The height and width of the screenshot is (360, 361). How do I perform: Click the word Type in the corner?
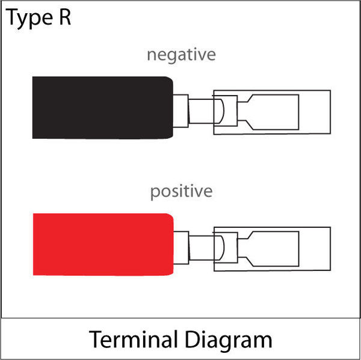click(29, 19)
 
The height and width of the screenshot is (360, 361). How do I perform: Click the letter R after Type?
click(65, 17)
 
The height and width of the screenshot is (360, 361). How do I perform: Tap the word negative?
click(181, 55)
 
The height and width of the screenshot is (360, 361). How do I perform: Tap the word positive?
click(181, 191)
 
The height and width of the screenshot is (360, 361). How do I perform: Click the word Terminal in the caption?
click(133, 340)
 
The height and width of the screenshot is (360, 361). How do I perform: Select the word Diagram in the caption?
click(229, 341)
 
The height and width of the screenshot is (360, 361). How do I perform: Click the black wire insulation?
click(103, 108)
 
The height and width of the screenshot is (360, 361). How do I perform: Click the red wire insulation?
click(103, 244)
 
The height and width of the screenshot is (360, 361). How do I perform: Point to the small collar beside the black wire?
click(180, 111)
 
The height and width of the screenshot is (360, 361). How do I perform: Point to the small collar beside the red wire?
click(181, 248)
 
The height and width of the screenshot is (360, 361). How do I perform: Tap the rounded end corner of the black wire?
click(170, 79)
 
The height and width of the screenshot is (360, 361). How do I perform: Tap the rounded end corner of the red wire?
click(170, 216)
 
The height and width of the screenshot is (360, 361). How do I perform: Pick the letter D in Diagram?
click(193, 340)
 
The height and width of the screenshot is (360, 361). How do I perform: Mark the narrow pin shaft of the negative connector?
click(201, 111)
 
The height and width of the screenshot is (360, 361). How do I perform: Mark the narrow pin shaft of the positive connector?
click(202, 248)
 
